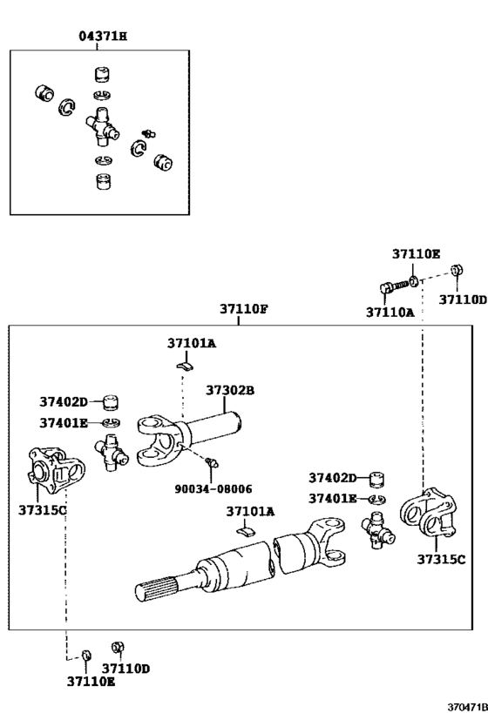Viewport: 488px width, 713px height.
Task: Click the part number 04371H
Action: tap(103, 36)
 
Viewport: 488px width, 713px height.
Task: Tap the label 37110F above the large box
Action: tap(244, 309)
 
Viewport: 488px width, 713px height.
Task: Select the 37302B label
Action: tap(230, 390)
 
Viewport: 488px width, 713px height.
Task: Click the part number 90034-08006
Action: tap(213, 488)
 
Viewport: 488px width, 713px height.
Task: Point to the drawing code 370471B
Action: tap(467, 707)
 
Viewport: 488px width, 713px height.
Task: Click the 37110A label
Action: tap(390, 313)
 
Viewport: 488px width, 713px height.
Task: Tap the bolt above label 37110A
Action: tap(394, 286)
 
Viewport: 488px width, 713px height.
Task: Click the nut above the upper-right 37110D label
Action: tap(457, 270)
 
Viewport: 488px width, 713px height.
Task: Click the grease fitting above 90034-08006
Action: tap(212, 462)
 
